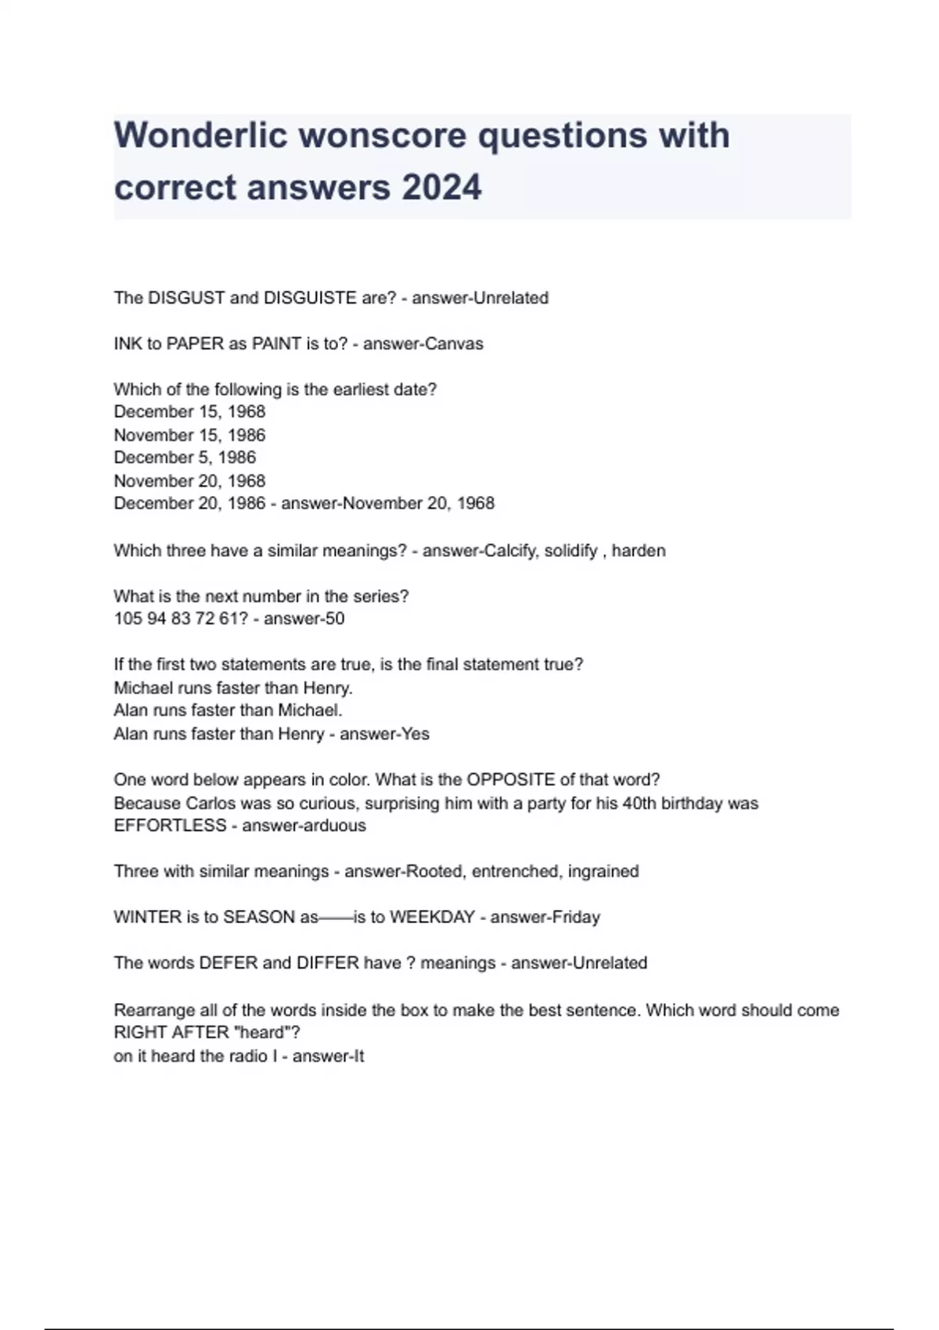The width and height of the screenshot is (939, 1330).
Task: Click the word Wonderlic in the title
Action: click(x=201, y=135)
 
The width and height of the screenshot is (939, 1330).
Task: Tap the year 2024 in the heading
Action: click(x=441, y=188)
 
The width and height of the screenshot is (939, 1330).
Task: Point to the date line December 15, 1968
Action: click(x=189, y=412)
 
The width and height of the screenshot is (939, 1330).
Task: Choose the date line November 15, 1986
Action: click(x=189, y=435)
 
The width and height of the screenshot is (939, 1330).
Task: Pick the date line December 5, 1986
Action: click(x=185, y=458)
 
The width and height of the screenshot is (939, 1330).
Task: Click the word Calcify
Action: click(x=509, y=551)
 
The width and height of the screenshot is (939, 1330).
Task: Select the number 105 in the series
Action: click(x=128, y=619)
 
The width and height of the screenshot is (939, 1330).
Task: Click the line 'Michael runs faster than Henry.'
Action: click(x=233, y=688)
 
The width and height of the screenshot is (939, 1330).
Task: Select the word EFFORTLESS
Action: click(x=170, y=826)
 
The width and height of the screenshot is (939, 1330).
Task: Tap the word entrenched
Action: click(x=515, y=872)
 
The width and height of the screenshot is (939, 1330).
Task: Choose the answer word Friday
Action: click(x=576, y=917)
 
